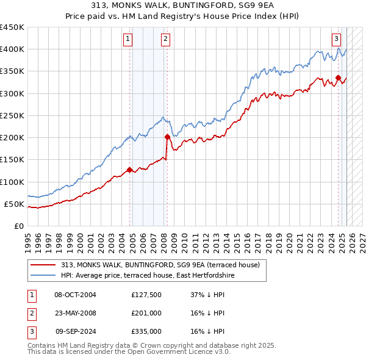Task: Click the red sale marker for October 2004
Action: pos(129,170)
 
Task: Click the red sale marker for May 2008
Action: pos(167,137)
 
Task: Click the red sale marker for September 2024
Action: pos(338,77)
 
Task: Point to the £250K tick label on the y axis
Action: pos(13,115)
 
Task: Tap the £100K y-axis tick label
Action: pos(13,182)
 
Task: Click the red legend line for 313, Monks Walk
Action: pos(43,265)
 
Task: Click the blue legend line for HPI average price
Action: pos(43,276)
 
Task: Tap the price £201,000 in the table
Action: pos(146,314)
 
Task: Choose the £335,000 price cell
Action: pos(146,332)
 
